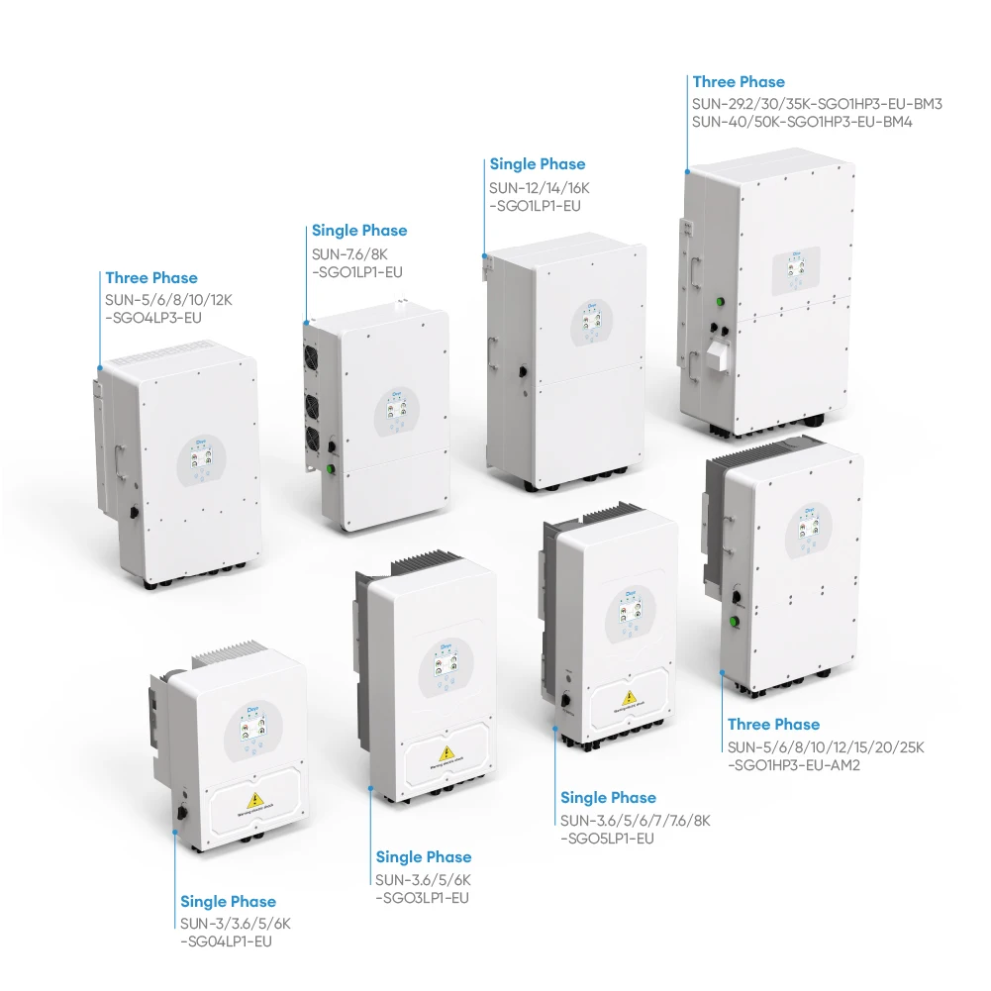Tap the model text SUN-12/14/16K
click(x=540, y=186)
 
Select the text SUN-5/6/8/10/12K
click(x=168, y=299)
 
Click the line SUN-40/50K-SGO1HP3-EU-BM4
click(x=802, y=122)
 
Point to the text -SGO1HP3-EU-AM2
click(x=793, y=764)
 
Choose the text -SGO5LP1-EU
click(x=607, y=839)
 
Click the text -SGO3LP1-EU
click(x=422, y=898)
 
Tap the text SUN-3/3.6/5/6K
click(x=235, y=923)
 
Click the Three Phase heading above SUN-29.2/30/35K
click(x=739, y=82)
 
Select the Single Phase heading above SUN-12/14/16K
click(x=538, y=164)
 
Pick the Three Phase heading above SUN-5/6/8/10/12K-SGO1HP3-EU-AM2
click(x=773, y=725)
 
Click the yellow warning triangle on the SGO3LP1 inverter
click(x=446, y=753)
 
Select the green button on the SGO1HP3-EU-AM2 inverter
click(x=736, y=623)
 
